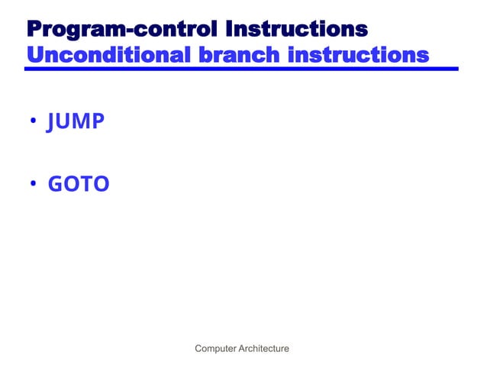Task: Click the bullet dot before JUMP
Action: [34, 122]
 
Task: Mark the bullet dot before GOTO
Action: [34, 185]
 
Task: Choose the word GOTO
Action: [79, 185]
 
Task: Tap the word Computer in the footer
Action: [217, 349]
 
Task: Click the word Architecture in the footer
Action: [265, 349]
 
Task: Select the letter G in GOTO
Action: [56, 185]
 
